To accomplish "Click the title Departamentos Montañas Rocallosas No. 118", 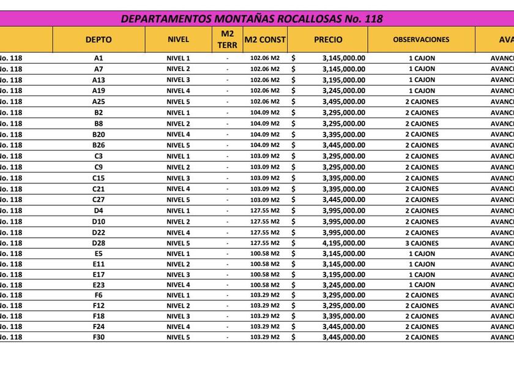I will (251, 18).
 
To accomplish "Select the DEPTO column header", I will (99, 39).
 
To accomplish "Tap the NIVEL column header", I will (178, 39).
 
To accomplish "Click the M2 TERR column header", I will (227, 39).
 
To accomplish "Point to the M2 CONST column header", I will (265, 39).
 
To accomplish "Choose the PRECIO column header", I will (328, 39).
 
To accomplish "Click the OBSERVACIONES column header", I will (421, 39).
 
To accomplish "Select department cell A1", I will (99, 58).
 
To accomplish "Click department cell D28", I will (99, 243).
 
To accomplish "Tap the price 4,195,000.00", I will (343, 243).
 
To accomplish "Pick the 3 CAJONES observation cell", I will (422, 243).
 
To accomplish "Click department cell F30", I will (99, 337).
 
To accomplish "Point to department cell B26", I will (99, 145).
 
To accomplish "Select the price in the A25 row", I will (343, 102).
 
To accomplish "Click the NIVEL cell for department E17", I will (178, 274).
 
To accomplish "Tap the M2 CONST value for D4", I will (265, 211).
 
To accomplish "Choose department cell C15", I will (99, 178).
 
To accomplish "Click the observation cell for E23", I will (422, 285).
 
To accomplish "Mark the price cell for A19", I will (343, 91).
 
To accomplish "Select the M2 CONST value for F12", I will (265, 306).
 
